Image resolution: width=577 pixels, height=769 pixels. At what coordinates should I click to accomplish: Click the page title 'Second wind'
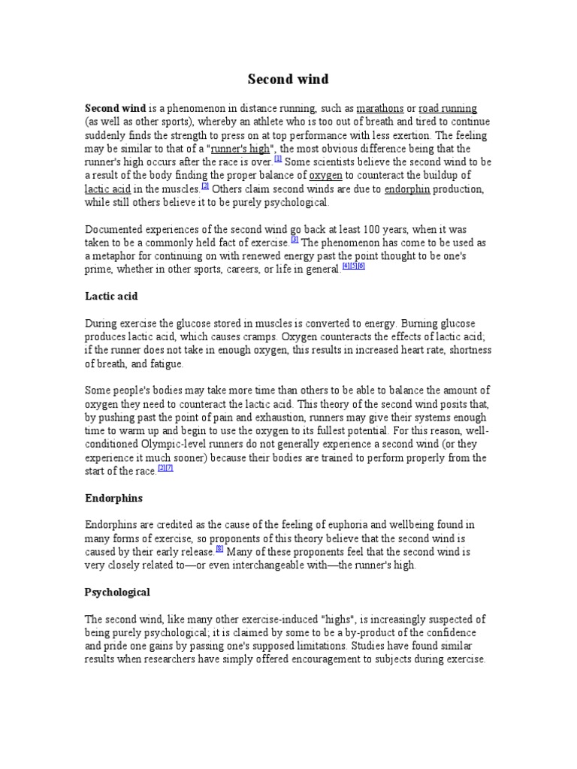tap(288, 79)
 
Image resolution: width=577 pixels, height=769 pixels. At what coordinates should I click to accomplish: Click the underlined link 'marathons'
tap(380, 108)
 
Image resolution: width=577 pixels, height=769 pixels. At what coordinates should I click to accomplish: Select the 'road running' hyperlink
tap(448, 108)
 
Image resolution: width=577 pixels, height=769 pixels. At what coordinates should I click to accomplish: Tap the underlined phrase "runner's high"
tap(240, 149)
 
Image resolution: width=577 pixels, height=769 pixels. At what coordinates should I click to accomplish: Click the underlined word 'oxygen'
tap(326, 176)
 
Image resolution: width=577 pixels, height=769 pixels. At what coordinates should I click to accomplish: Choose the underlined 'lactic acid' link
tap(110, 189)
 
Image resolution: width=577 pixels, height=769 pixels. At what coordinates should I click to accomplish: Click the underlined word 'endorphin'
tap(407, 189)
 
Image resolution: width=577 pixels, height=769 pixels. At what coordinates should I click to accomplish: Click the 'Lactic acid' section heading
tap(111, 297)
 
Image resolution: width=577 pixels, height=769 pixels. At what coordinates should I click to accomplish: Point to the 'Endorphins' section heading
tap(113, 498)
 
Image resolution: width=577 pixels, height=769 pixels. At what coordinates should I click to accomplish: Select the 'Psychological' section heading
tap(117, 592)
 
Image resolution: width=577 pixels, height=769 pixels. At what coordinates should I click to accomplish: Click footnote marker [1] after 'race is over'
tap(278, 159)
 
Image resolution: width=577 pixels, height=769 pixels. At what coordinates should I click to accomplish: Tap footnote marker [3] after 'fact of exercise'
tap(295, 240)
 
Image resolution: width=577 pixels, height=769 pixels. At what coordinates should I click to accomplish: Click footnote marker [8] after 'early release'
tap(219, 548)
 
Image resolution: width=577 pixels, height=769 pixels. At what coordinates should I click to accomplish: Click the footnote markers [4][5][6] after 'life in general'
tap(353, 267)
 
